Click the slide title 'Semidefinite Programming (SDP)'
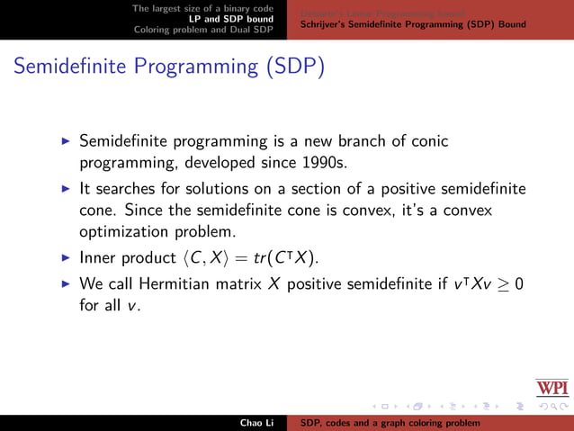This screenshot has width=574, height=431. [168, 68]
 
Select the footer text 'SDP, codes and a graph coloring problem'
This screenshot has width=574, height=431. [390, 423]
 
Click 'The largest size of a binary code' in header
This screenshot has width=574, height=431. [202, 7]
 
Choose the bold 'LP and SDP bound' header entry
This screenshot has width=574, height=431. [230, 18]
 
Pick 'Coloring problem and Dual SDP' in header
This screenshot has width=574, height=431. [203, 29]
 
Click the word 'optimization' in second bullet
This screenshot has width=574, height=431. [124, 232]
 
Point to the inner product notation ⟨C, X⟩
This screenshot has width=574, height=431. [211, 258]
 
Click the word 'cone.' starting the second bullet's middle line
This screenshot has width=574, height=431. [99, 211]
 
